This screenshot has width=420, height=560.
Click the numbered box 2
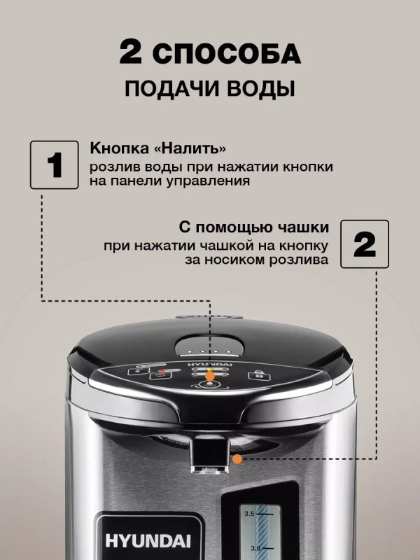point(365,244)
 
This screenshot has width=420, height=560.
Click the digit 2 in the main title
point(131,53)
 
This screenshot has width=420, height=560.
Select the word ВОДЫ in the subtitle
point(258,90)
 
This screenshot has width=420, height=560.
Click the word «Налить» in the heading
point(191,149)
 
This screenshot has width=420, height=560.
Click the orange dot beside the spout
point(239,459)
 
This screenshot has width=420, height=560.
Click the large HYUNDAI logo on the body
point(132,539)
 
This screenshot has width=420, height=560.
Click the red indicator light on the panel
point(162,370)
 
